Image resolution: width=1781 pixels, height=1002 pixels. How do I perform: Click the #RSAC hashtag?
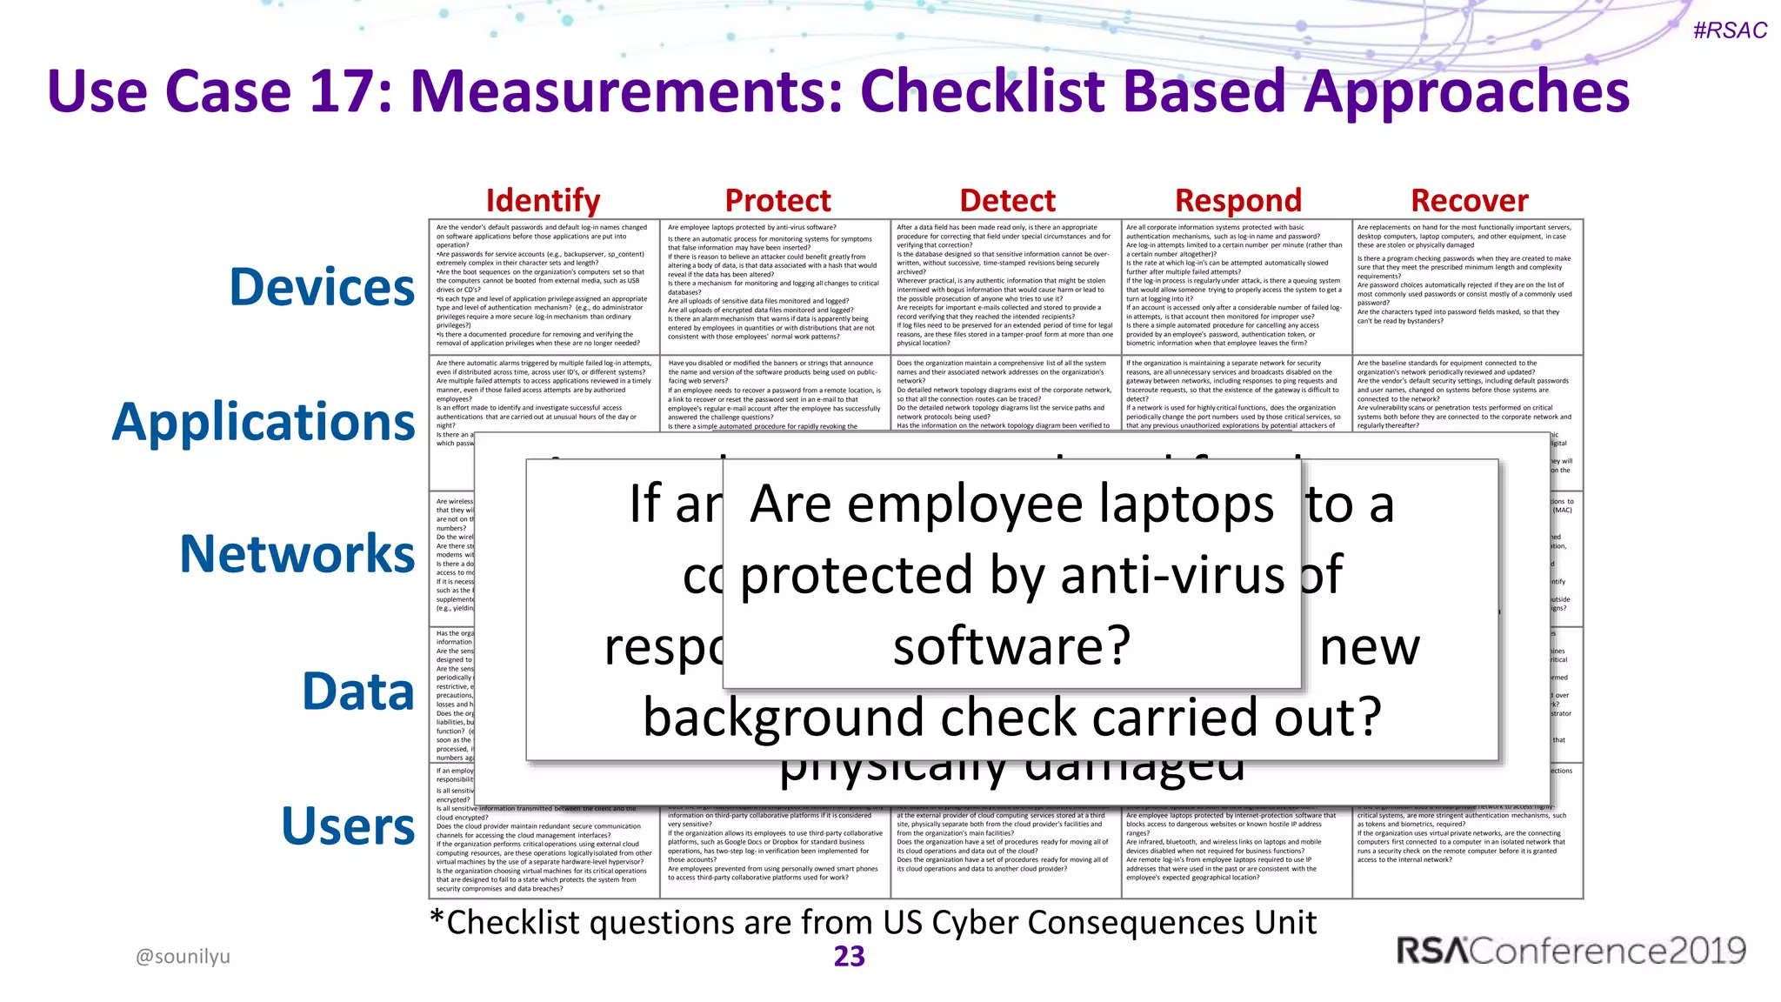click(x=1730, y=30)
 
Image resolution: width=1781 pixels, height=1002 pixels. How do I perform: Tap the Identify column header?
click(x=543, y=201)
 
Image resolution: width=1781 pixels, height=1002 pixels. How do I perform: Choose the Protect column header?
click(x=777, y=201)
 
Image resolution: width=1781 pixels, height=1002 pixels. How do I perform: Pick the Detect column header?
click(x=1007, y=201)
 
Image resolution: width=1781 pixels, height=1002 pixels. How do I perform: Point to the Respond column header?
click(x=1237, y=201)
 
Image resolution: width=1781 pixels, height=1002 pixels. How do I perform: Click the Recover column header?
click(x=1469, y=201)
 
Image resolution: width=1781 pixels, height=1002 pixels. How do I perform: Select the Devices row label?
click(x=322, y=287)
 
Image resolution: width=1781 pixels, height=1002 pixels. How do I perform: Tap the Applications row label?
click(x=263, y=423)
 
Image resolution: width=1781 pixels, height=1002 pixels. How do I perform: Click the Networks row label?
click(x=297, y=554)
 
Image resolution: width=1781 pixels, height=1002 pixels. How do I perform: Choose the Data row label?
click(x=357, y=691)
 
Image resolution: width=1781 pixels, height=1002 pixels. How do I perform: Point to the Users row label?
click(x=348, y=826)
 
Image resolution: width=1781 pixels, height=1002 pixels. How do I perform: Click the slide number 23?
click(x=850, y=956)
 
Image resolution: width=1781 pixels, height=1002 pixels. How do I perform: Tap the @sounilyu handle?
click(x=183, y=957)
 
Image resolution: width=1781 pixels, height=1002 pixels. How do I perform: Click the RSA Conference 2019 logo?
click(x=1571, y=951)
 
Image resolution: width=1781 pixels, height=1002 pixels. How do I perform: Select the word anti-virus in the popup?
click(x=1172, y=576)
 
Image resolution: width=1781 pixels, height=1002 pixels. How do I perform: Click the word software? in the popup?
click(x=1011, y=646)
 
